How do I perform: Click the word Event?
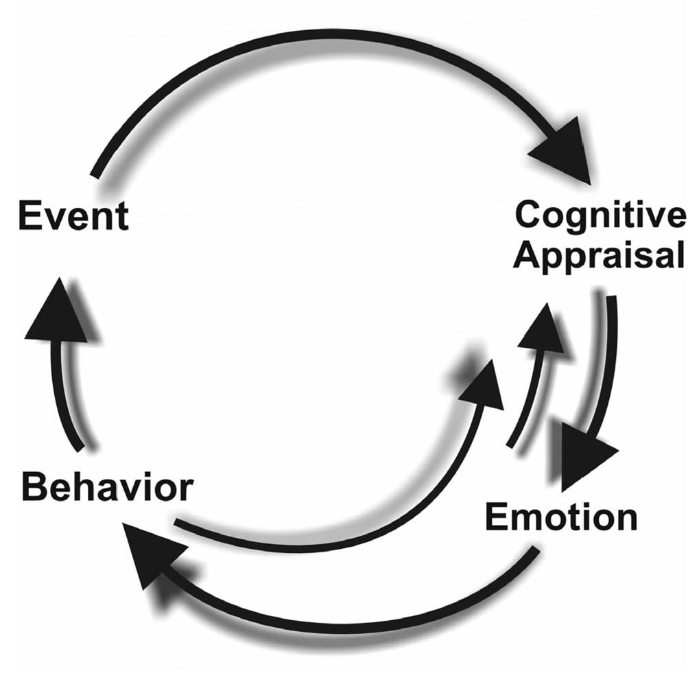click(73, 217)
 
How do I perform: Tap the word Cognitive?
click(600, 216)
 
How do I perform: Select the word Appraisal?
click(600, 257)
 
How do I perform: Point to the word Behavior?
click(106, 489)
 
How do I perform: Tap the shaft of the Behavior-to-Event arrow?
click(71, 398)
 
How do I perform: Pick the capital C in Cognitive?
click(528, 216)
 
